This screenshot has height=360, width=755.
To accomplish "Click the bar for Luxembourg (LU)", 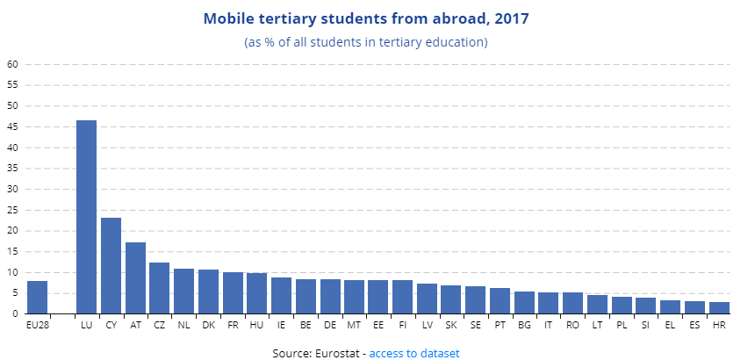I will [x=86, y=217].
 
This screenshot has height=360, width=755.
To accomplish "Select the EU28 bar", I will [x=37, y=297].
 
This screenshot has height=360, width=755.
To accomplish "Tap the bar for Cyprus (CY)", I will [x=111, y=265].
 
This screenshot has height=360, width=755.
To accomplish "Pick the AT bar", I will [x=135, y=277].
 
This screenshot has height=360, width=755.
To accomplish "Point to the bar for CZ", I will [x=159, y=287].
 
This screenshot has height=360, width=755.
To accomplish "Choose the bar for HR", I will [x=719, y=307].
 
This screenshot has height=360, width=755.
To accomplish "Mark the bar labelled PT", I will [x=500, y=300].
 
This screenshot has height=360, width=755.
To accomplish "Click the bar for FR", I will [x=233, y=292].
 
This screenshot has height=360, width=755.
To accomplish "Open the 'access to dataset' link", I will [x=414, y=353].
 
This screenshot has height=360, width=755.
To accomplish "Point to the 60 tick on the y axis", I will [x=12, y=64].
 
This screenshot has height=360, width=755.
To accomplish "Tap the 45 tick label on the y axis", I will [x=12, y=126].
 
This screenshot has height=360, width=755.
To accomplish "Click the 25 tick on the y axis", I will [x=12, y=210].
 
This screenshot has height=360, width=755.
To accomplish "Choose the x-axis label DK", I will [x=208, y=326].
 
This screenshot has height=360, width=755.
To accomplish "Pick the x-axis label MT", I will [x=354, y=326].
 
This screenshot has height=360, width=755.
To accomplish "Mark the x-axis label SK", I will [x=451, y=326].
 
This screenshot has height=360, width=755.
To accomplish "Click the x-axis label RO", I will [x=572, y=326].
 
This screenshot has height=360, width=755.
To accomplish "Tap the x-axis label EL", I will [x=670, y=326].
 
